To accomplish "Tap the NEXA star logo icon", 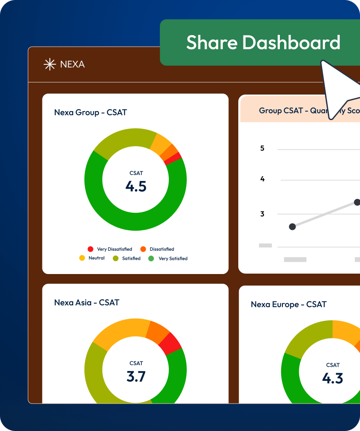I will (50, 64).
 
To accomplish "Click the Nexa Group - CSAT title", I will (90, 112).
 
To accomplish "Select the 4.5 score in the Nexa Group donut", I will (136, 186).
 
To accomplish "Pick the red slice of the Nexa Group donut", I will (173, 158).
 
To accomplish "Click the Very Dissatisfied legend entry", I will (110, 249).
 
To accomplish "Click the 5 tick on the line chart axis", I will (262, 148).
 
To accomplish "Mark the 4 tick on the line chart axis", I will (262, 179).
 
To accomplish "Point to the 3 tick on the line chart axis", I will (262, 214).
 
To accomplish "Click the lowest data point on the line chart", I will (292, 226).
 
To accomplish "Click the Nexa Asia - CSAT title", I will (87, 302).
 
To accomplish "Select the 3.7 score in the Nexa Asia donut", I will (136, 376).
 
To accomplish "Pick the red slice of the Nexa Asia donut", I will (171, 343).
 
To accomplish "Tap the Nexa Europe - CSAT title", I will (288, 304).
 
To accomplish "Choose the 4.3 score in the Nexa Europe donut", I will (333, 378).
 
